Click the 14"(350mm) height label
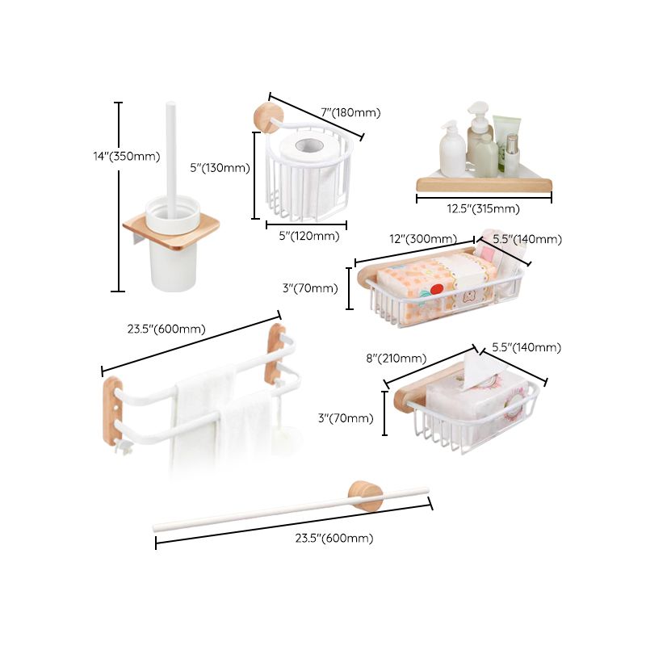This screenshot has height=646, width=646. click(126, 156)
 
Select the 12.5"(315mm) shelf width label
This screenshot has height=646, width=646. click(483, 208)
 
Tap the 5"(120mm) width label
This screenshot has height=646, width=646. click(304, 237)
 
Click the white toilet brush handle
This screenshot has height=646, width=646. click(171, 153)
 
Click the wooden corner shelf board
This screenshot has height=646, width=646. click(484, 187)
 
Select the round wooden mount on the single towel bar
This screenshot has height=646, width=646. click(365, 494)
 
